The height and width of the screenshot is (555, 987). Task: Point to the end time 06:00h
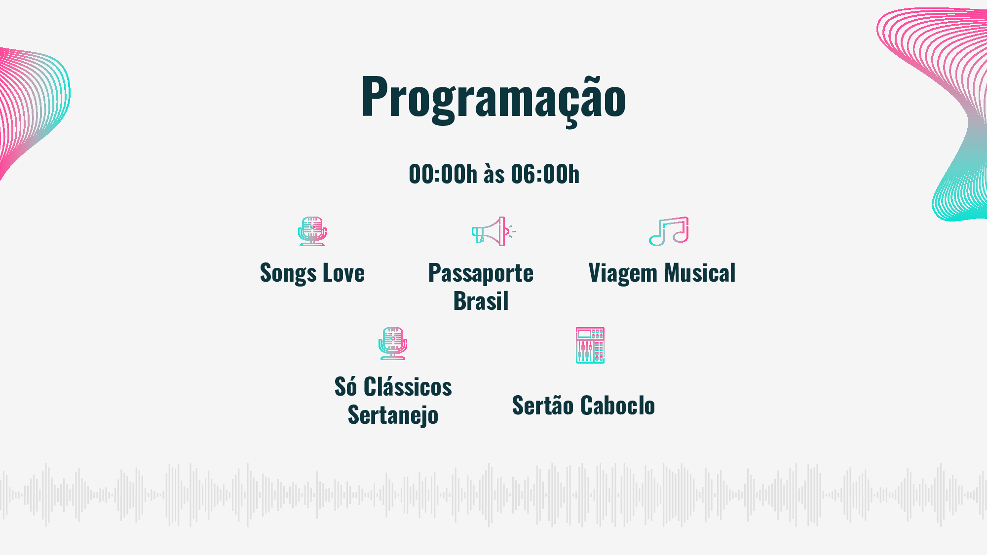[x=545, y=174]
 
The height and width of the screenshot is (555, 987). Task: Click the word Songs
[x=288, y=274]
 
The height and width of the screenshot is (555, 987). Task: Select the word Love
[x=343, y=273]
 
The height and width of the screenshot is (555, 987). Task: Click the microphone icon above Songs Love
[x=312, y=231]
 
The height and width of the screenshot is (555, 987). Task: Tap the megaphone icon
[x=493, y=231]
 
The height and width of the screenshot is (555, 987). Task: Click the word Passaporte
[x=481, y=274]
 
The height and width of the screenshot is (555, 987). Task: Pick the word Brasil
[x=481, y=301]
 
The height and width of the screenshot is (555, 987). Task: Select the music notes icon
[x=669, y=231]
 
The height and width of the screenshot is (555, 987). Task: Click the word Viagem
[x=623, y=274]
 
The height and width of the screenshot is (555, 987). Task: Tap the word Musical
[x=700, y=273]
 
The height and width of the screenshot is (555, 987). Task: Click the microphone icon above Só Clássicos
[x=393, y=344]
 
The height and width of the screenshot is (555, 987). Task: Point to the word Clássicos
[x=408, y=386]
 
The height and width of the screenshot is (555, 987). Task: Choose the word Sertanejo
[x=393, y=415]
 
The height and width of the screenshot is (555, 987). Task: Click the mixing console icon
[x=590, y=345]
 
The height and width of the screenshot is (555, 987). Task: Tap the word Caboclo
[x=618, y=406]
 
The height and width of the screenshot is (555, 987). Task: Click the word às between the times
[x=494, y=174]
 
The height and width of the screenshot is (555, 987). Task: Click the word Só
[x=345, y=386]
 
